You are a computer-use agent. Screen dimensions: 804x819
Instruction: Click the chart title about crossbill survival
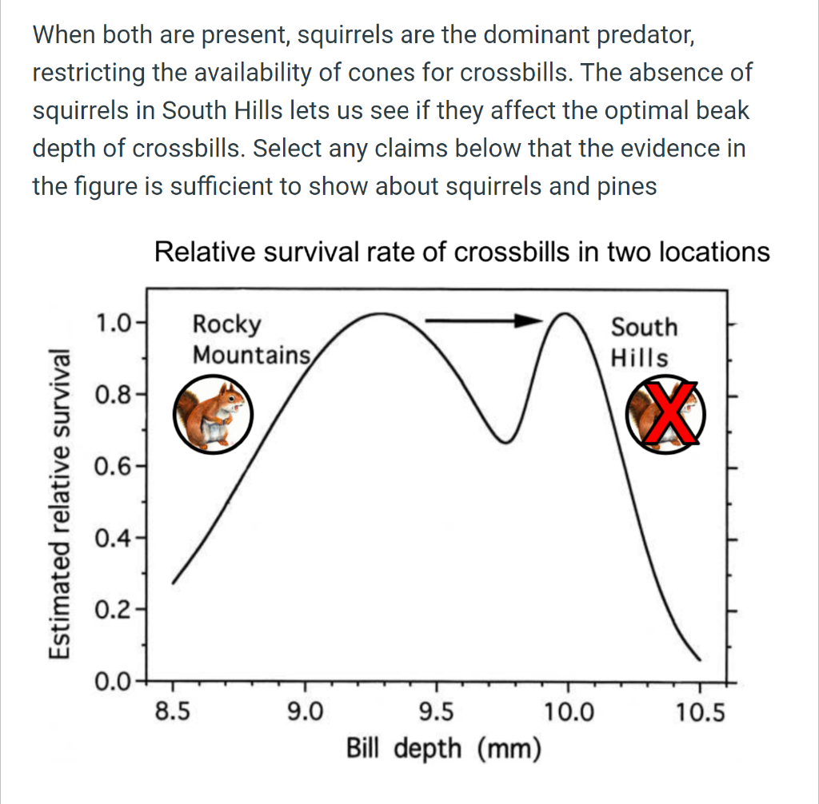click(x=461, y=253)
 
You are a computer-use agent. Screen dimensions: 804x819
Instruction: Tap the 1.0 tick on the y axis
click(x=111, y=324)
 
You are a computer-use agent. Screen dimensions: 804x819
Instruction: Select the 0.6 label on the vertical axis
click(x=111, y=466)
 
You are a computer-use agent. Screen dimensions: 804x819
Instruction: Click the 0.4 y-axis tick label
click(x=111, y=538)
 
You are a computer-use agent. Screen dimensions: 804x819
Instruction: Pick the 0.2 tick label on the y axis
click(x=111, y=610)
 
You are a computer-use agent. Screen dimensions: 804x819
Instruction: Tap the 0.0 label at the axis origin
click(x=111, y=682)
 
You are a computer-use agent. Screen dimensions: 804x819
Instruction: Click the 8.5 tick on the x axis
click(x=173, y=710)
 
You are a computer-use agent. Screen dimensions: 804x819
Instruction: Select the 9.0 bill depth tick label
click(x=305, y=710)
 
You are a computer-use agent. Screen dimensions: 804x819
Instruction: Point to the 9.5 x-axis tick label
click(x=437, y=710)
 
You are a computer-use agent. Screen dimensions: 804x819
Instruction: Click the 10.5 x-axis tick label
click(x=699, y=710)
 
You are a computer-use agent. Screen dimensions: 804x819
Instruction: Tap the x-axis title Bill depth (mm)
click(x=443, y=749)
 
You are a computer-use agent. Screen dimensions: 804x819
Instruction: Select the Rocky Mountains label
click(x=250, y=339)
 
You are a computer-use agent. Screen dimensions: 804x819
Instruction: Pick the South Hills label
click(x=643, y=342)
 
